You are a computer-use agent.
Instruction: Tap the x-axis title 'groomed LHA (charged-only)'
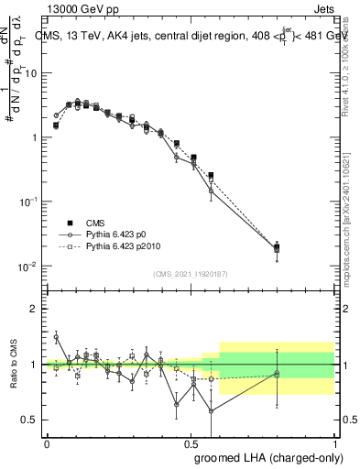coord(265,456)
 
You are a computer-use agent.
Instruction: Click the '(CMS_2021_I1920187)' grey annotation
coord(191,273)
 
